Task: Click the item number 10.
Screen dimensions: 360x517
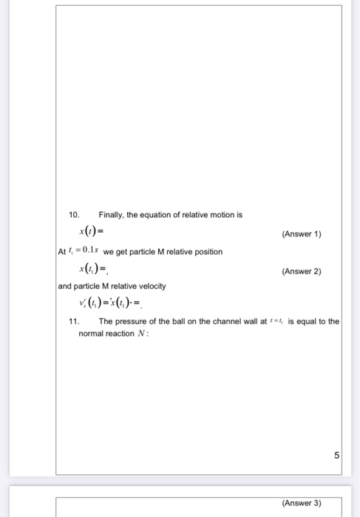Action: coord(72,214)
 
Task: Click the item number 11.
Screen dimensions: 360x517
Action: coord(73,321)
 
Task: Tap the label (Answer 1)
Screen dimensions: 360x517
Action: coord(301,233)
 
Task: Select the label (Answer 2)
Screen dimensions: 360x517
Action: coord(301,271)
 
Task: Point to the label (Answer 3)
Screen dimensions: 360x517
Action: coord(301,503)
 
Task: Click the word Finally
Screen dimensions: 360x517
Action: coord(112,214)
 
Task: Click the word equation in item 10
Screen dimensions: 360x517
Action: coord(161,214)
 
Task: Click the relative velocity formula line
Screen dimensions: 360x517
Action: coord(114,304)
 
